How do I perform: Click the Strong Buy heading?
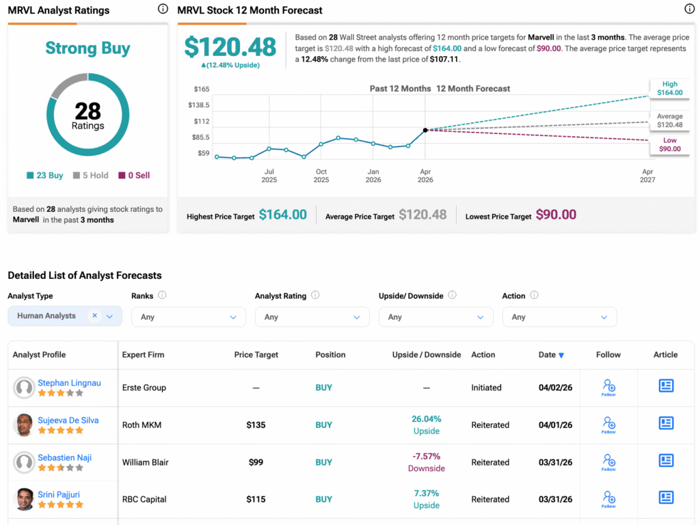pos(87,49)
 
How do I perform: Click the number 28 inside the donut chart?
pos(87,111)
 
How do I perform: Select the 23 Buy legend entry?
pos(45,176)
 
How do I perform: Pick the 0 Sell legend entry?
pos(134,176)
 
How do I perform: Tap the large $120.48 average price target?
pos(230,46)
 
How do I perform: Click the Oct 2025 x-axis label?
pos(321,176)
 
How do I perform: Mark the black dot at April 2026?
pos(425,130)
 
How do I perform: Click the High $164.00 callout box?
pos(669,88)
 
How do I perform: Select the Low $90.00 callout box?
pos(669,144)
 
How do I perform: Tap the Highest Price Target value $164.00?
pos(283,215)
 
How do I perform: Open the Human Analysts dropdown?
pos(65,316)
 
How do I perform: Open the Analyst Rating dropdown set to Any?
pos(312,317)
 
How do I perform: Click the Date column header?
pos(551,355)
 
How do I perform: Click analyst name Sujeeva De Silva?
pos(68,420)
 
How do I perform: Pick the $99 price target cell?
pos(256,462)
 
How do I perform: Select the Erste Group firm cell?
pos(144,388)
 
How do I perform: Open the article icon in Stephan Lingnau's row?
pos(666,386)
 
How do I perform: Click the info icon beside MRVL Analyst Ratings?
pos(163,9)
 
